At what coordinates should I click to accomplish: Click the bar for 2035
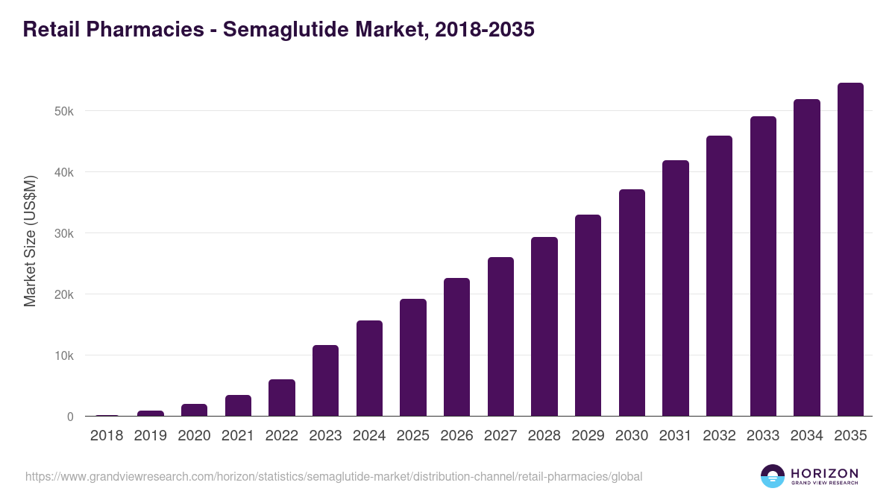click(850, 250)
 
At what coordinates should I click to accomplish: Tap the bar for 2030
click(632, 303)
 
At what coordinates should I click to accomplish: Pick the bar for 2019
click(151, 413)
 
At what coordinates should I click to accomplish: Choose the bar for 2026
click(456, 347)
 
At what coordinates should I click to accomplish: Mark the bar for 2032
click(719, 276)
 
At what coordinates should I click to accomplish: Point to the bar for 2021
click(238, 405)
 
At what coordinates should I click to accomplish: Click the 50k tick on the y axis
click(64, 111)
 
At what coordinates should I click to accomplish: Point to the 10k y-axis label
click(64, 355)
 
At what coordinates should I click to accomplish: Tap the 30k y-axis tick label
click(64, 233)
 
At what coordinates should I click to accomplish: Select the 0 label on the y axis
click(70, 417)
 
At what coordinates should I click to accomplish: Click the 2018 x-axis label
click(107, 436)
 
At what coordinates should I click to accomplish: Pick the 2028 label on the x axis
click(544, 436)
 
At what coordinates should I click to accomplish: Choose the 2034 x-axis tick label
click(807, 436)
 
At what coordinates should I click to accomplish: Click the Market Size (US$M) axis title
click(30, 241)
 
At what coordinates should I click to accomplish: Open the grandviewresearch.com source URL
click(333, 476)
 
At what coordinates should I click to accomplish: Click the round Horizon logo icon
click(773, 476)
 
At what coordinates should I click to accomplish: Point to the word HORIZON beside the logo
click(824, 472)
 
